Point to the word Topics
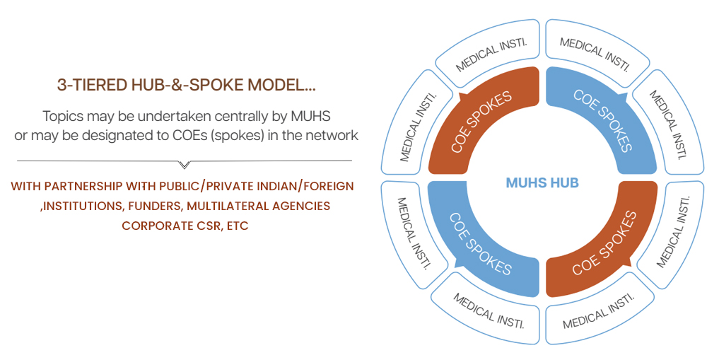62,115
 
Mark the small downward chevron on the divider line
185,165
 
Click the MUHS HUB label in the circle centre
542,183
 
